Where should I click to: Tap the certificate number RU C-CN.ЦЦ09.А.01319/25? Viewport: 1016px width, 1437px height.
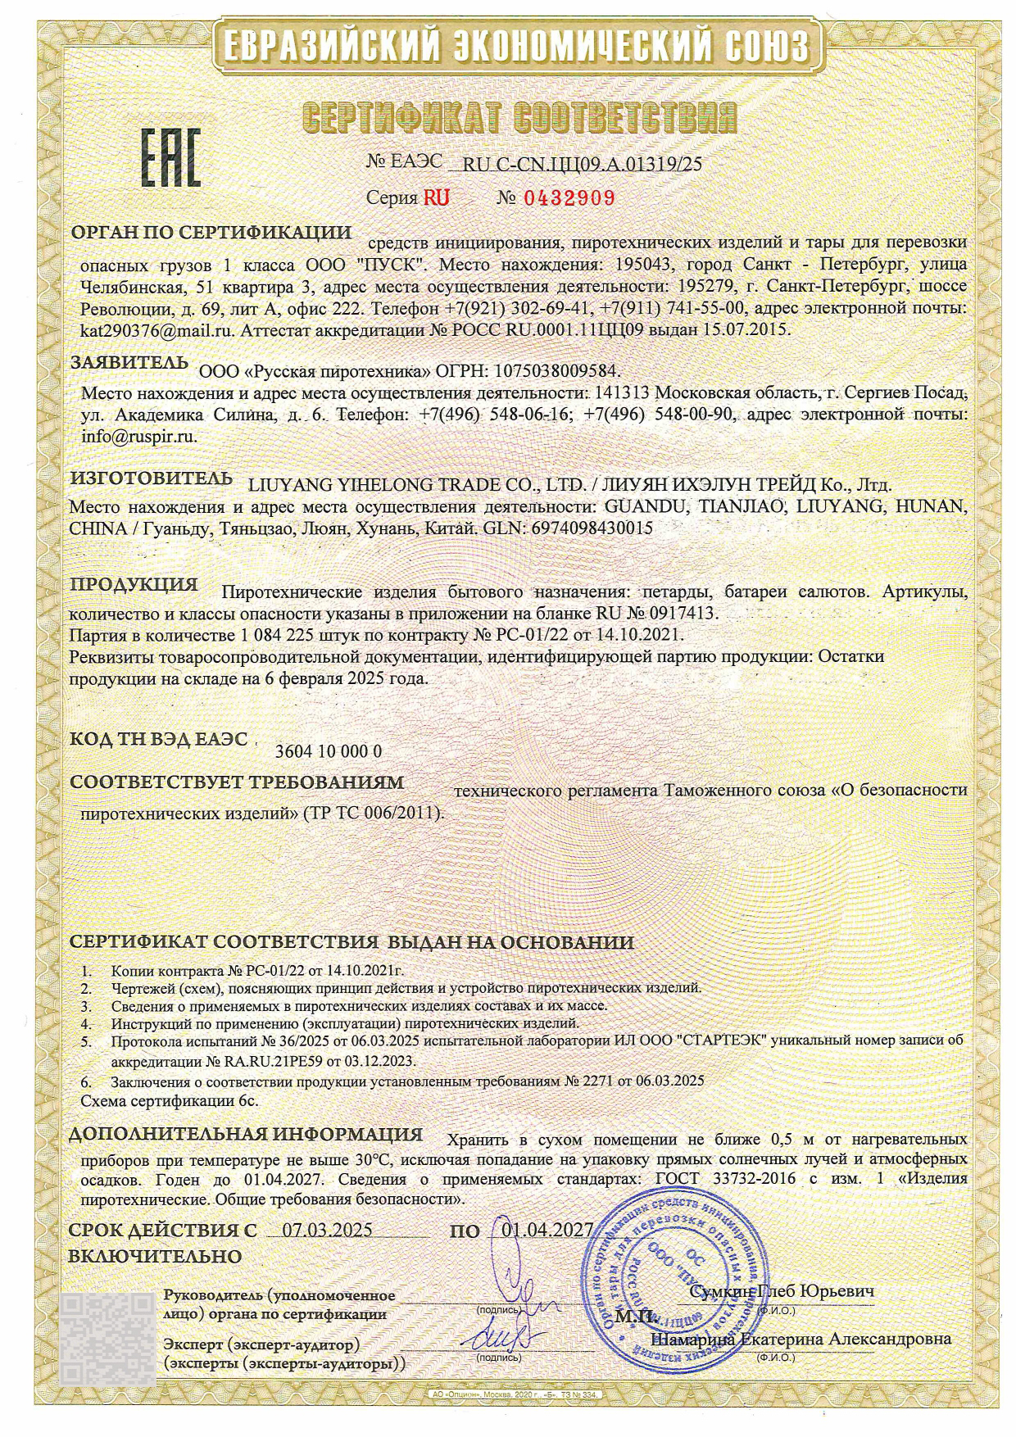pyautogui.click(x=583, y=164)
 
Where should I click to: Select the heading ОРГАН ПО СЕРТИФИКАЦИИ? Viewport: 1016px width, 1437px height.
pyautogui.click(x=211, y=233)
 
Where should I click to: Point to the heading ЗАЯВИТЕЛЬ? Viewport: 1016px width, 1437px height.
pyautogui.click(x=129, y=361)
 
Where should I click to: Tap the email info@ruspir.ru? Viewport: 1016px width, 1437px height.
pyautogui.click(x=139, y=436)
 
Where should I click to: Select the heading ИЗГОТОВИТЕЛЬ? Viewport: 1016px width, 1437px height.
pyautogui.click(x=151, y=478)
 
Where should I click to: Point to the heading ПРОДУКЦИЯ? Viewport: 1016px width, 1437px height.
pyautogui.click(x=134, y=585)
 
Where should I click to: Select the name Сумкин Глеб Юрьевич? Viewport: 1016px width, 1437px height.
pyautogui.click(x=782, y=1292)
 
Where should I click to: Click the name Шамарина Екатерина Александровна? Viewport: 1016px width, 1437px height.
pyautogui.click(x=801, y=1339)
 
